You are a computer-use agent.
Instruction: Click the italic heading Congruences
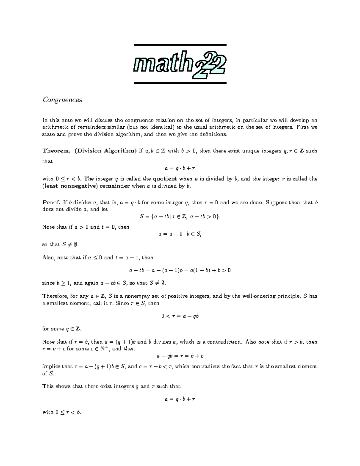tap(62, 100)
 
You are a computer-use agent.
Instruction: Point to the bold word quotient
tap(165, 179)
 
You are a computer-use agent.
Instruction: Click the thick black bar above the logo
tap(179, 45)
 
